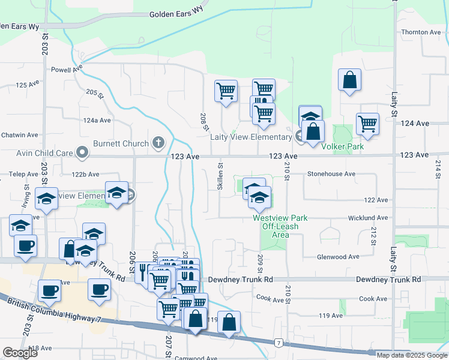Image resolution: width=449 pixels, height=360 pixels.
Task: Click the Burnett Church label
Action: (121, 143)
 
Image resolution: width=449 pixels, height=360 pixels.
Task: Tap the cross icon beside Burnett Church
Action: (158, 143)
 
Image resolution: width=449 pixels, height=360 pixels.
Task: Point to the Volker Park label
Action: (343, 146)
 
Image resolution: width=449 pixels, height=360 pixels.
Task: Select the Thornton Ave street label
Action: (421, 32)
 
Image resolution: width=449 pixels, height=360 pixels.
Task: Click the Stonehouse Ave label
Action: (331, 174)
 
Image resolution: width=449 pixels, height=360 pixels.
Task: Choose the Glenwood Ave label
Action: (338, 256)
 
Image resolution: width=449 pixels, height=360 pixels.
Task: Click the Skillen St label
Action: (220, 176)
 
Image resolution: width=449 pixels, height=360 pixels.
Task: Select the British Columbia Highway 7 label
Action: (55, 310)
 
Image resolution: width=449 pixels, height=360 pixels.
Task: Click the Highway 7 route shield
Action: (278, 343)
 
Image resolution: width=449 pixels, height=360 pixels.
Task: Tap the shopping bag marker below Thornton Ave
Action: (349, 80)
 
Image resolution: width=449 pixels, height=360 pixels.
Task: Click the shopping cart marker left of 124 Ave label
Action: (367, 124)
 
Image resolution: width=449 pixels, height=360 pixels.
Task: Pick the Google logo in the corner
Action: (20, 353)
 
